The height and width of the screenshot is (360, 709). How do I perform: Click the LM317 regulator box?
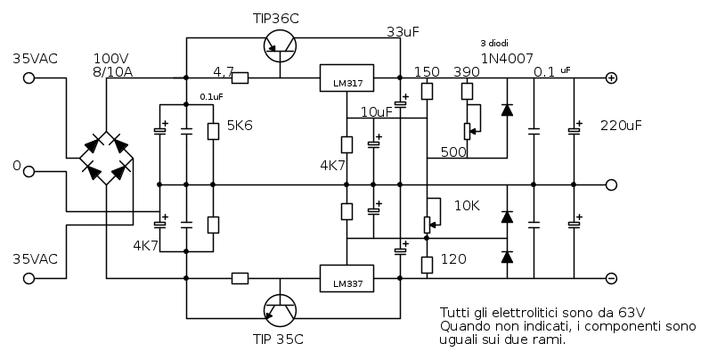coord(346,78)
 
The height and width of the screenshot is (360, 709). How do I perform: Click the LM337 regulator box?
coord(346,279)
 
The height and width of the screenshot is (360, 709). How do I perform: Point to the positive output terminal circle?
coord(611,78)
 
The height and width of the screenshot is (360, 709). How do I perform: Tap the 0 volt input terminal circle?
coord(29,171)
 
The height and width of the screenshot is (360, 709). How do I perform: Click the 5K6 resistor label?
coord(240,126)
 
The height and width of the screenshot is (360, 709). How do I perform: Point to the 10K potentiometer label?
coord(467,206)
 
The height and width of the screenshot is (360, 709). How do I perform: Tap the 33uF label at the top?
coord(403,32)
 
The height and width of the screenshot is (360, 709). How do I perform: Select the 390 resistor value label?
coord(467,72)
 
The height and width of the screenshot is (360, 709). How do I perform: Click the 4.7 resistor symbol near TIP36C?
coord(239,78)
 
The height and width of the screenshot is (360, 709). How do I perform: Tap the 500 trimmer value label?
coord(453,152)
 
